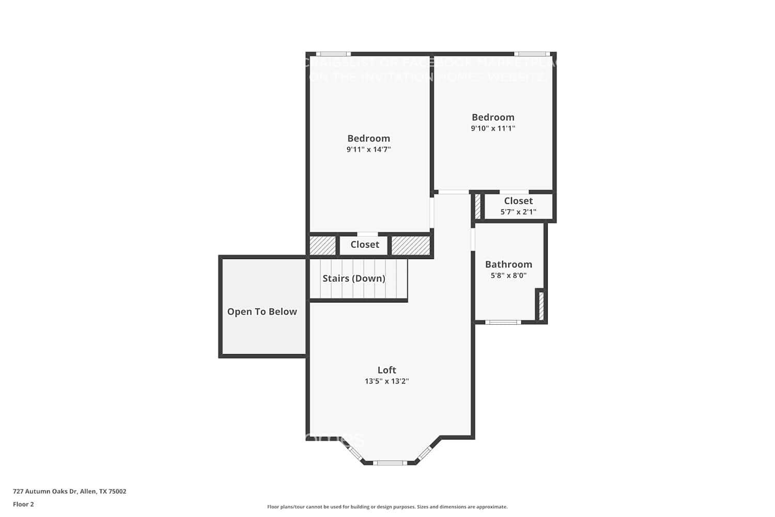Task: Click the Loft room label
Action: point(386,370)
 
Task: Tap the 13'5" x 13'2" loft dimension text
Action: point(386,382)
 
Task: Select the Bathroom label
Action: point(508,264)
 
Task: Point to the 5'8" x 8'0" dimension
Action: point(508,276)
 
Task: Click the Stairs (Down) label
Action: point(354,278)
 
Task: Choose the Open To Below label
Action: point(262,312)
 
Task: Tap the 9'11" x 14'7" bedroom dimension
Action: point(368,149)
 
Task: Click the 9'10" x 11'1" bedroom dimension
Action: point(493,128)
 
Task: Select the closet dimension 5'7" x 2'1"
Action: point(518,212)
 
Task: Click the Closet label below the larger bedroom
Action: point(365,245)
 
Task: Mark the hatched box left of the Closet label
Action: point(322,246)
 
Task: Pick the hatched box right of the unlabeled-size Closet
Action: point(411,246)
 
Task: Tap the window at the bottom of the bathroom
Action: point(503,322)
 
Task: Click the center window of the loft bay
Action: point(390,463)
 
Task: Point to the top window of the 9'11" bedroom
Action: point(333,54)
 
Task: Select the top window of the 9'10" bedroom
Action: point(531,54)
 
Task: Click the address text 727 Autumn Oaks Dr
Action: point(69,492)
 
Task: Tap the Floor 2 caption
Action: point(23,505)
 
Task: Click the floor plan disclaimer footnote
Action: point(387,507)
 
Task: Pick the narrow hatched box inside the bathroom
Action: point(541,306)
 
